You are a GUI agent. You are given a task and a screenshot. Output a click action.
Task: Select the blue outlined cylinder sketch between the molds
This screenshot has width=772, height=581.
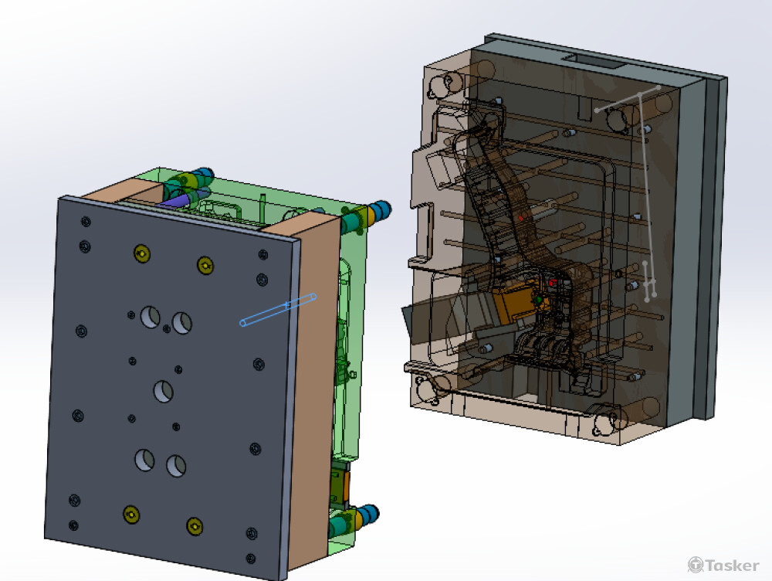point(279,310)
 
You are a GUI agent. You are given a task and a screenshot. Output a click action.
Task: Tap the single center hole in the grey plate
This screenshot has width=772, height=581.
point(164,392)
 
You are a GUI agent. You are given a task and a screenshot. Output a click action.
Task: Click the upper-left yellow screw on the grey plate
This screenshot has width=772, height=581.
point(142,253)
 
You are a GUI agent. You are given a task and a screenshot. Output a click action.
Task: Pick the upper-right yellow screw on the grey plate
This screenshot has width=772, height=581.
point(205,265)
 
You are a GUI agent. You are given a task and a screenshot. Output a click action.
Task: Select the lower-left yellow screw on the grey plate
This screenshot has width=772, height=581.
point(131,515)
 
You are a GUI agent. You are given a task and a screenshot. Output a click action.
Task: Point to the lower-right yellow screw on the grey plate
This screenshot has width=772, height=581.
point(195,527)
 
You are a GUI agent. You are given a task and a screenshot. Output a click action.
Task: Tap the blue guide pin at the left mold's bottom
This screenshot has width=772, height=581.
point(368,515)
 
